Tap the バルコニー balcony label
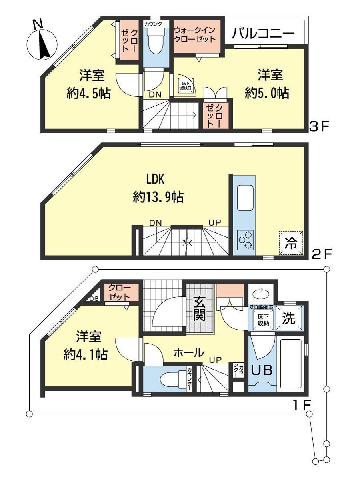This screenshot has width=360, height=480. (263, 34)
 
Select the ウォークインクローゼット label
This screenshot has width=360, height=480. (195, 35)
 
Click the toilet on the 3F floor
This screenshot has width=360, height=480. (156, 40)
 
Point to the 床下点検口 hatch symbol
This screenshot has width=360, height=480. (186, 86)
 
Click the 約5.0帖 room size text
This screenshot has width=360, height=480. (267, 93)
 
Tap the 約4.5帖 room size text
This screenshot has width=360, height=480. (88, 93)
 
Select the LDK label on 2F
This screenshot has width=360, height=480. (155, 180)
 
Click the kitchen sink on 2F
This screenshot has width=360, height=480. (245, 198)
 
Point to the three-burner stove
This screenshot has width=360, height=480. (245, 240)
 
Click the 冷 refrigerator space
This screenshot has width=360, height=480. (291, 243)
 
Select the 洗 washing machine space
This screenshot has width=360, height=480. (289, 318)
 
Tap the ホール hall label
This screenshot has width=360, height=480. (189, 352)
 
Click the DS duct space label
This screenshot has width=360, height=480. (95, 299)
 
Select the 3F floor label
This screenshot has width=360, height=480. (319, 127)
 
